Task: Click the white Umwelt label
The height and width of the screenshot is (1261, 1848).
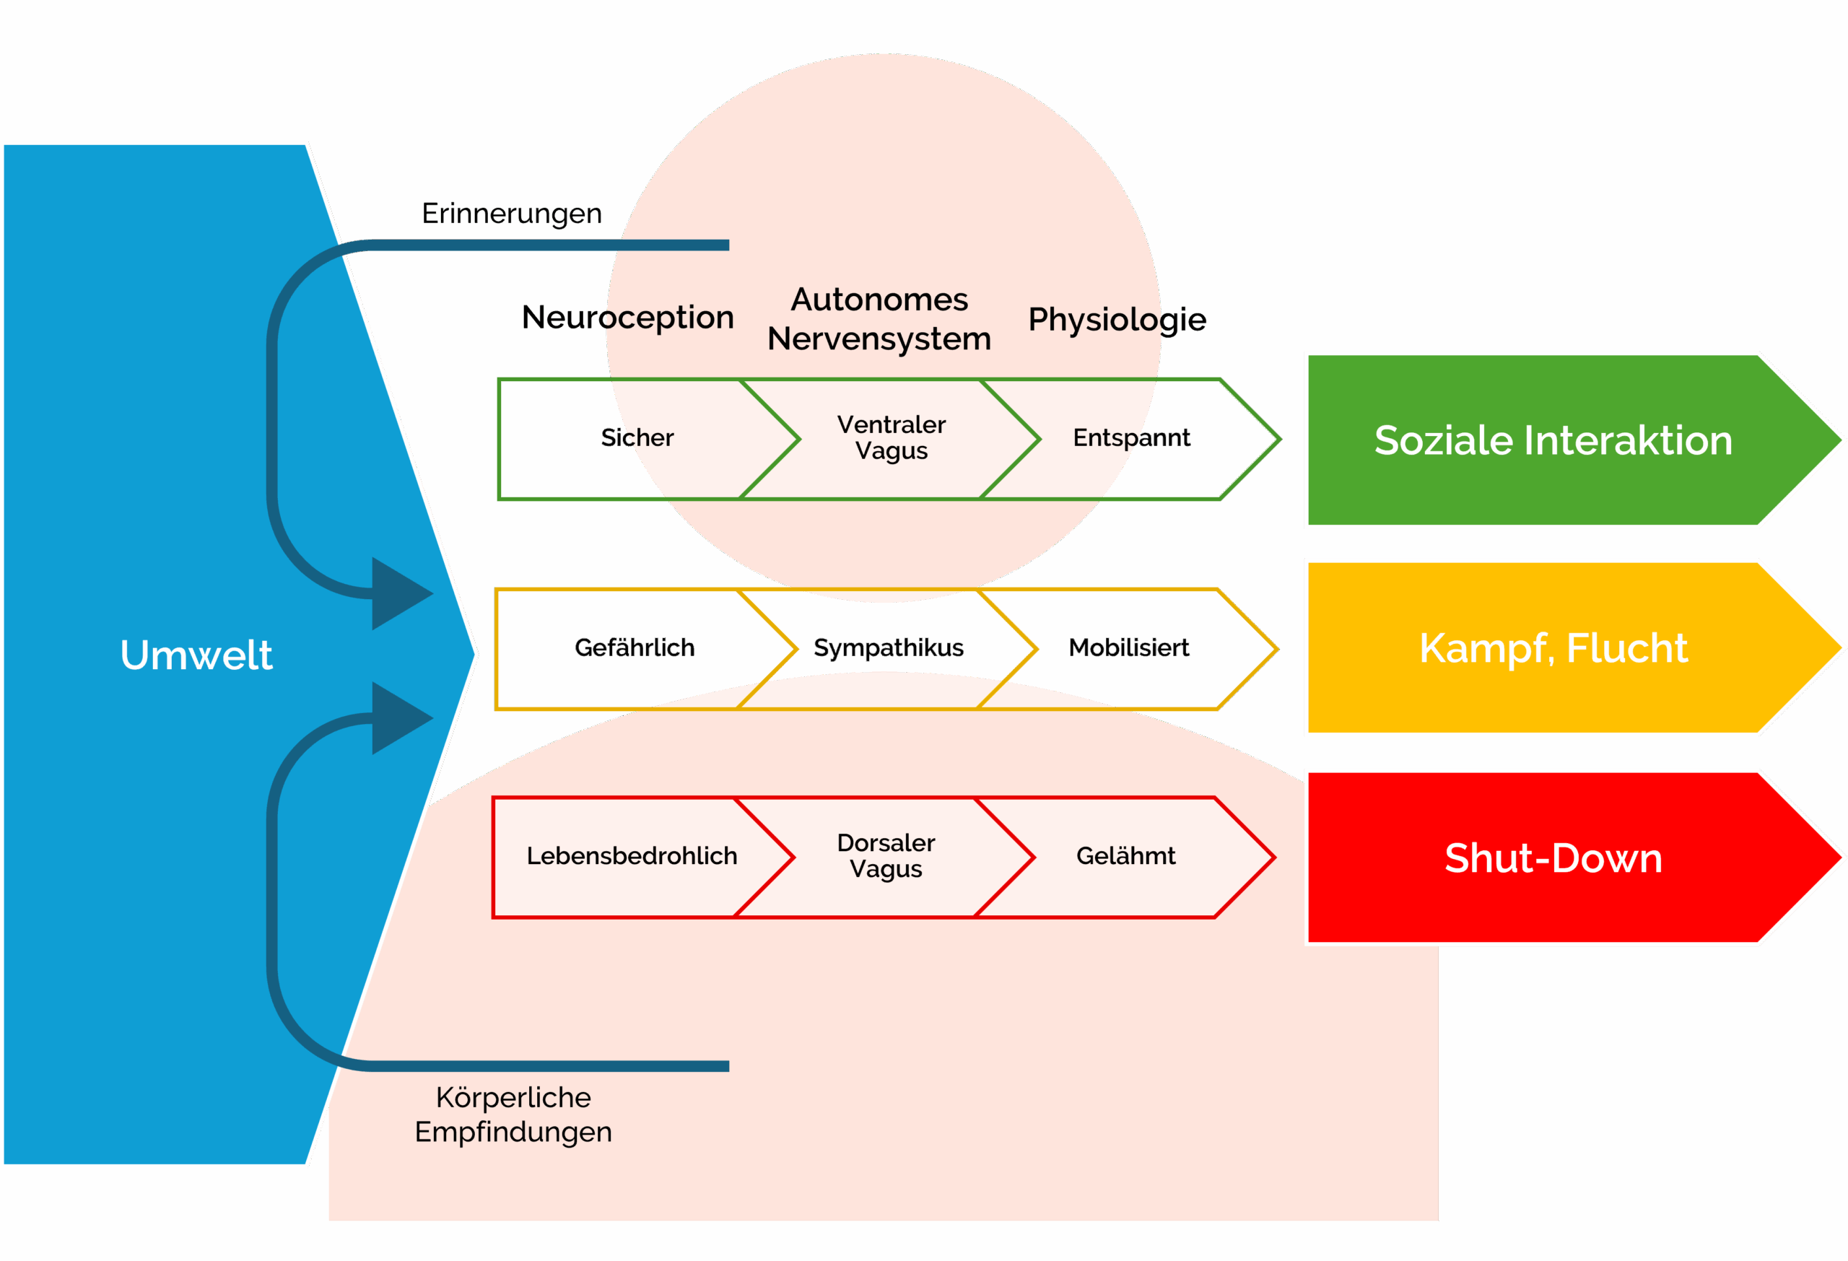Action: coord(196,655)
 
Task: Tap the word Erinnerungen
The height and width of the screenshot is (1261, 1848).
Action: coord(511,214)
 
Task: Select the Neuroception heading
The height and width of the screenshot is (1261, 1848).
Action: coord(627,318)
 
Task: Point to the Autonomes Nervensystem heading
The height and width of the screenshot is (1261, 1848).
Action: coord(879,319)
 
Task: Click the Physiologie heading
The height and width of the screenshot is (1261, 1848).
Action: coord(1117,320)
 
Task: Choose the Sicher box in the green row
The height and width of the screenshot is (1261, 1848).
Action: coord(637,438)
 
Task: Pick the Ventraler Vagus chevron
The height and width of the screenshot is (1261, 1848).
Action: coord(892,438)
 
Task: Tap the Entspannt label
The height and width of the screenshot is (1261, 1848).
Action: coord(1130,438)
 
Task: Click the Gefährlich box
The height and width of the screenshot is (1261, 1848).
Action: coord(635,648)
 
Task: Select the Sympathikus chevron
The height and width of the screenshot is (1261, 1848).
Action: coord(888,648)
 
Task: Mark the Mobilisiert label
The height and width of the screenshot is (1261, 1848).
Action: coord(1128,648)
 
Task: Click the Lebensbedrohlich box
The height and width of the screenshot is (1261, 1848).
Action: coord(632,856)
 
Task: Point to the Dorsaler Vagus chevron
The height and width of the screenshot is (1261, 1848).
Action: coord(886,856)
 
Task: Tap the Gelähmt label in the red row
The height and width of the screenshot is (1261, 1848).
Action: coord(1125,856)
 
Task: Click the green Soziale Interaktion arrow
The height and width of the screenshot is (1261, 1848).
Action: coord(1553,440)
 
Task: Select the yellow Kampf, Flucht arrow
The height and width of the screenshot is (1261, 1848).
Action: coord(1553,648)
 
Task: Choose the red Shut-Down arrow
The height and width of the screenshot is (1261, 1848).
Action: coord(1553,858)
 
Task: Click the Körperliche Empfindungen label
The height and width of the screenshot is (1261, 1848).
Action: coord(513,1114)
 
